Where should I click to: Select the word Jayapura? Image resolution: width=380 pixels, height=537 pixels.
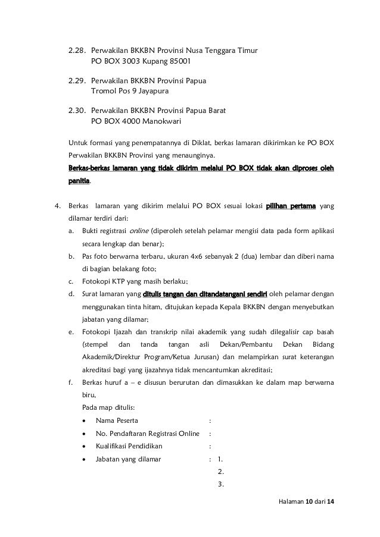[x=152, y=92]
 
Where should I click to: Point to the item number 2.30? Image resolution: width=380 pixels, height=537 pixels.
[x=77, y=112]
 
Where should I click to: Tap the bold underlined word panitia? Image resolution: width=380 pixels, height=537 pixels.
[x=80, y=180]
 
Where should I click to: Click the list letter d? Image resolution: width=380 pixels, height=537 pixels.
[x=71, y=294]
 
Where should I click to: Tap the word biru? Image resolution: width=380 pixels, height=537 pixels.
[x=88, y=394]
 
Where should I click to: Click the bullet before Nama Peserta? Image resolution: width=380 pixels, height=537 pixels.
[x=88, y=421]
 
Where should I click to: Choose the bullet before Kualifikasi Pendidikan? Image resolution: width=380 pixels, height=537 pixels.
[x=88, y=446]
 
